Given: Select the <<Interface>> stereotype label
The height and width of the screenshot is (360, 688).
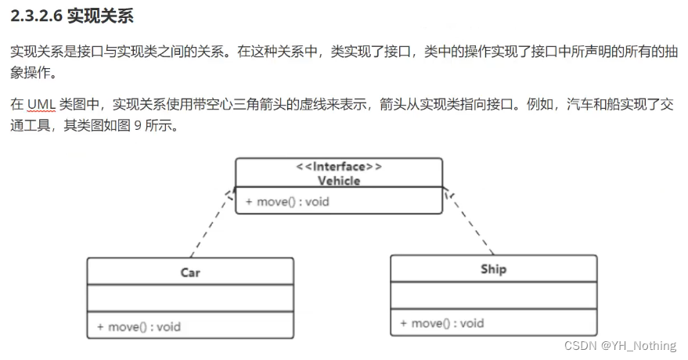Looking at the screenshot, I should tap(339, 167).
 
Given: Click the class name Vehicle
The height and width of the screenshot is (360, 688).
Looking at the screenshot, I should tap(339, 181).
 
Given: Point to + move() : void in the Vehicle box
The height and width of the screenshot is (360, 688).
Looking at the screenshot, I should tap(287, 202).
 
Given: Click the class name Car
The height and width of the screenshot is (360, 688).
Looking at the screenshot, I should tap(190, 272).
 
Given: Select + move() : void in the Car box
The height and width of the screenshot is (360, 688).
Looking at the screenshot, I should tap(139, 326).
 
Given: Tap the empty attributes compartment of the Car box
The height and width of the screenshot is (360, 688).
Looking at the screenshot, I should tap(190, 298).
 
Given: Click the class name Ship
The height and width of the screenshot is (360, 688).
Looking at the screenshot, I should tap(493, 269).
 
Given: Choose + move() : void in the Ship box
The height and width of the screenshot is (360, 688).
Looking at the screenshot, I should tap(441, 323).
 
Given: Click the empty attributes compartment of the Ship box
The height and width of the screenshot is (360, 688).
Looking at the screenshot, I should tap(493, 295).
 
